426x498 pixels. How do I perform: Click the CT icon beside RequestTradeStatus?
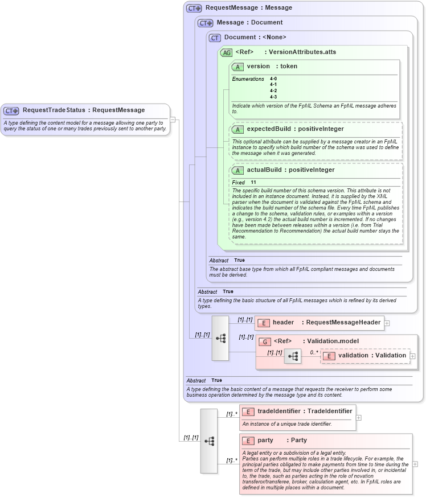pyautogui.click(x=11, y=110)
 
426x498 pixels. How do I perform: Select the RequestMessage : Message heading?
pyautogui.click(x=248, y=8)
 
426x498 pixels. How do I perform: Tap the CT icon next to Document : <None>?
pyautogui.click(x=215, y=38)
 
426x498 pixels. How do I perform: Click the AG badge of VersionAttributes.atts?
pyautogui.click(x=226, y=52)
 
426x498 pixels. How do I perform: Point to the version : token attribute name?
pyautogui.click(x=272, y=67)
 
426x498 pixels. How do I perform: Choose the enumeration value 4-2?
pyautogui.click(x=273, y=90)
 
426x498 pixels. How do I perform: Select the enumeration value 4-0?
pyautogui.click(x=273, y=79)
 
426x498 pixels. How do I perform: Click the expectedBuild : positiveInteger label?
pyautogui.click(x=295, y=129)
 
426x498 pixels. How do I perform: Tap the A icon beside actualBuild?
pyautogui.click(x=238, y=170)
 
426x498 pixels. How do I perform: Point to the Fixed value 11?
pyautogui.click(x=253, y=183)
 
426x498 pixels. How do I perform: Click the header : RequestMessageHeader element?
pyautogui.click(x=326, y=323)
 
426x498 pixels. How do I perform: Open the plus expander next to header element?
pyautogui.click(x=387, y=323)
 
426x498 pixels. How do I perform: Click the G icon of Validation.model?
pyautogui.click(x=264, y=341)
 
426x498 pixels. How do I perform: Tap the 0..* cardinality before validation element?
pyautogui.click(x=314, y=352)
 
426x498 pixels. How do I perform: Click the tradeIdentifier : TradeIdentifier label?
pyautogui.click(x=305, y=411)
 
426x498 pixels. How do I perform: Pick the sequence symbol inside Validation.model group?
pyautogui.click(x=293, y=356)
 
